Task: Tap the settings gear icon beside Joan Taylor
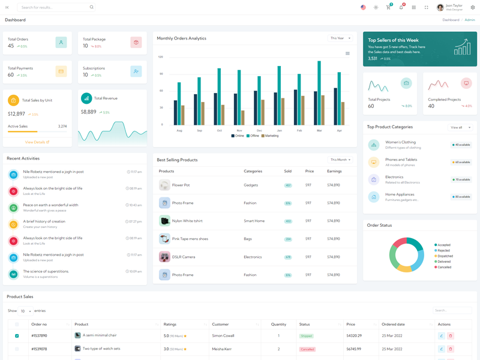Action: pyautogui.click(x=472, y=7)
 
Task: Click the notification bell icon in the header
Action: pyautogui.click(x=401, y=7)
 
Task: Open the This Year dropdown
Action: pyautogui.click(x=340, y=38)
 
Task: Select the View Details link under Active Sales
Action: pyautogui.click(x=37, y=142)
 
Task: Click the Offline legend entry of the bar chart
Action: pyautogui.click(x=252, y=136)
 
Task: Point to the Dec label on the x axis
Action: pyautogui.click(x=259, y=130)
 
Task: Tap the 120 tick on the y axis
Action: pyautogui.click(x=161, y=57)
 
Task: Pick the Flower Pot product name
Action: pyautogui.click(x=181, y=185)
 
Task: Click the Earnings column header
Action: pyautogui.click(x=334, y=171)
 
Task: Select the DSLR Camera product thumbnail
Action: pyautogui.click(x=164, y=257)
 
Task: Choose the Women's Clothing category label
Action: pyautogui.click(x=400, y=142)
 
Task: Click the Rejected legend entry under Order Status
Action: pyautogui.click(x=444, y=250)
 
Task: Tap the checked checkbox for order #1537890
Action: pyautogui.click(x=17, y=335)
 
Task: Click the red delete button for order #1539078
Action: pyautogui.click(x=451, y=349)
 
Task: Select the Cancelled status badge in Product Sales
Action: pyautogui.click(x=307, y=349)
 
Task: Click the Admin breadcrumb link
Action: pyautogui.click(x=470, y=20)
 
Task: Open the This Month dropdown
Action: pyautogui.click(x=340, y=160)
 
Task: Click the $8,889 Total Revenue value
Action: pyautogui.click(x=88, y=112)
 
